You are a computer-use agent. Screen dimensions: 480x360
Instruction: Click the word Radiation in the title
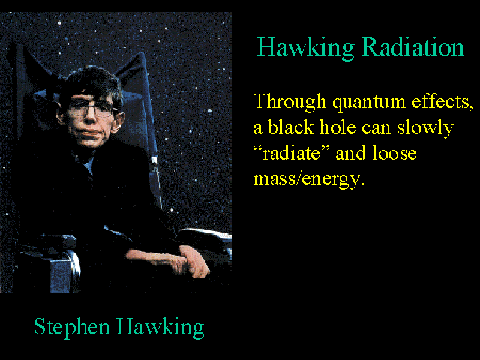413,47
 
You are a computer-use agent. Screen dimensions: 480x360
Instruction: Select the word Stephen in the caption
72,328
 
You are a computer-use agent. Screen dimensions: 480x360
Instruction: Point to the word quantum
369,103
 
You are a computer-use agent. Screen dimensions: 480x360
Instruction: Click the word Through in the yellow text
290,101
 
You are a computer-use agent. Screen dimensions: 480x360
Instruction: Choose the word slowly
425,128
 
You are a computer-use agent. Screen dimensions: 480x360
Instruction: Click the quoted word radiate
292,152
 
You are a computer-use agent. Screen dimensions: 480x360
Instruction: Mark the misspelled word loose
394,152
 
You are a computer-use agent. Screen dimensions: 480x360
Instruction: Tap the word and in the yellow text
350,152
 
